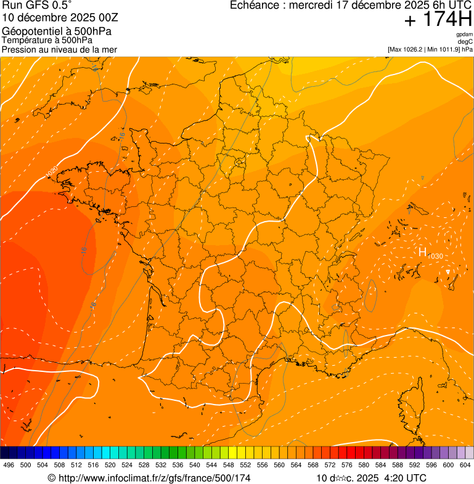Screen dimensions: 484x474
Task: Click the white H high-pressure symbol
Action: (423, 252)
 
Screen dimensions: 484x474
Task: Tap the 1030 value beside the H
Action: (435, 256)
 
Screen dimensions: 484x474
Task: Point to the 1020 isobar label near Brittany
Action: (52, 172)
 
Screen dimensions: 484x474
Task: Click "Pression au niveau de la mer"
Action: (59, 49)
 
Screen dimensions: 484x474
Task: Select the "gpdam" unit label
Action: (464, 34)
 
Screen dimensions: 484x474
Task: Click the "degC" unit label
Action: (465, 41)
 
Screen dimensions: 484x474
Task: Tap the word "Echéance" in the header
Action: (253, 6)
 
